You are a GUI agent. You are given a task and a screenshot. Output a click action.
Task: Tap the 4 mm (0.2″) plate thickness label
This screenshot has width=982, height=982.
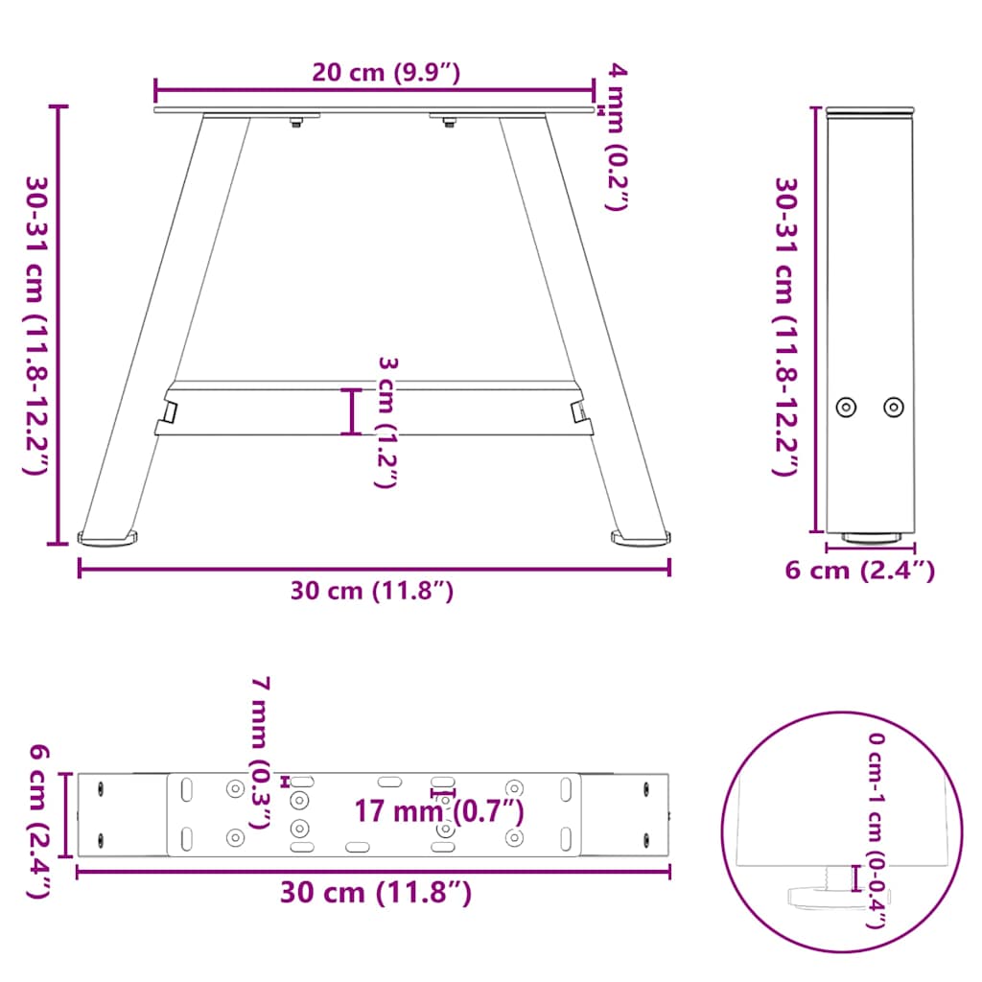616,137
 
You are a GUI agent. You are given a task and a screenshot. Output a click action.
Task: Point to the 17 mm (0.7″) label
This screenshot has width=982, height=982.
439,811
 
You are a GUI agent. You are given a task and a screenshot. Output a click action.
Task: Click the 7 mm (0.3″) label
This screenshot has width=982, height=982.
260,752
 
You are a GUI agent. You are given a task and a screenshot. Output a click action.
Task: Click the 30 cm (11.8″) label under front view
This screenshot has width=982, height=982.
372,591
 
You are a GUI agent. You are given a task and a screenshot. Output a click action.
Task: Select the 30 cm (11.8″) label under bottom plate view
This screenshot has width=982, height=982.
376,893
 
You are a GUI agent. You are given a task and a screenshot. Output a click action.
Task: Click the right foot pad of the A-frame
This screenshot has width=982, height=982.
639,539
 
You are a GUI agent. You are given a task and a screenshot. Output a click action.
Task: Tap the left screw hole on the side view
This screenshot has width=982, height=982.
846,407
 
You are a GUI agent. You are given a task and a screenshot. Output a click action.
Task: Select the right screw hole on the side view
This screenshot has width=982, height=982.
894,407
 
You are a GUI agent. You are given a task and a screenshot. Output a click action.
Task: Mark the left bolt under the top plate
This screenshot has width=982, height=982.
296,121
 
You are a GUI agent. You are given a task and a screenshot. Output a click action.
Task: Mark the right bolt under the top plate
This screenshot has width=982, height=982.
449,121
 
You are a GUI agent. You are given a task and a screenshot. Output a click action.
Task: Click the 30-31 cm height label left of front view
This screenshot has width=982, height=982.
35,324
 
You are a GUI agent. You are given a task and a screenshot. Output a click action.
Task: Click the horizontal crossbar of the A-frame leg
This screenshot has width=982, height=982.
374,409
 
